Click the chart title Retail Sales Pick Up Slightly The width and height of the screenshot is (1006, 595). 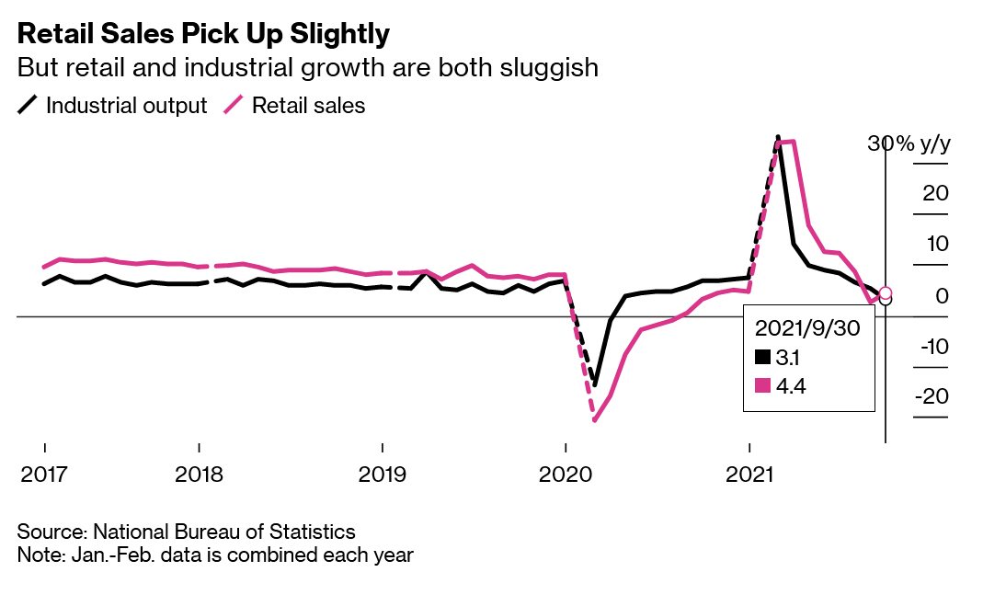coord(203,34)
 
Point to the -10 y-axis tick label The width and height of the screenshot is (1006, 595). coord(931,347)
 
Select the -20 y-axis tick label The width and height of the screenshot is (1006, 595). coord(931,397)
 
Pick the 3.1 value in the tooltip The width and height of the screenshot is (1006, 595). coord(789,358)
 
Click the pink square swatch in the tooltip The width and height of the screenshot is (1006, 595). coord(761,386)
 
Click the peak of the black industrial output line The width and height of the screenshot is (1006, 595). coord(778,137)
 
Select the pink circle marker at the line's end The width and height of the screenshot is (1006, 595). coord(886,293)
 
